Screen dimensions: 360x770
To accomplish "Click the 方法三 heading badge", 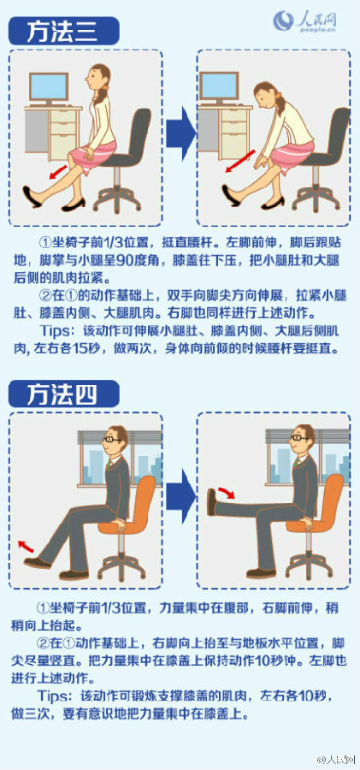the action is [x=64, y=31].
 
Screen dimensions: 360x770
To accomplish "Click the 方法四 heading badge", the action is [x=64, y=394].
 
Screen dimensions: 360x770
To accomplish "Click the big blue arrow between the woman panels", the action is [x=180, y=134].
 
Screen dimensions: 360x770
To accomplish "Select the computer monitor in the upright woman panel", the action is [x=49, y=88].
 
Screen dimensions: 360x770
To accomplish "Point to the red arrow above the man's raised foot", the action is [x=227, y=493].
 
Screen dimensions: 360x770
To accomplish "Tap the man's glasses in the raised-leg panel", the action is [x=298, y=437].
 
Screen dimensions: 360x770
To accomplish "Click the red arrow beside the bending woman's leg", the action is [x=240, y=162].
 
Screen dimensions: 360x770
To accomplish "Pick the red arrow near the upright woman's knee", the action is [x=58, y=171].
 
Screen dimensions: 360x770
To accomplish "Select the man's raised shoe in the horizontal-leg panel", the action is [x=212, y=502].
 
